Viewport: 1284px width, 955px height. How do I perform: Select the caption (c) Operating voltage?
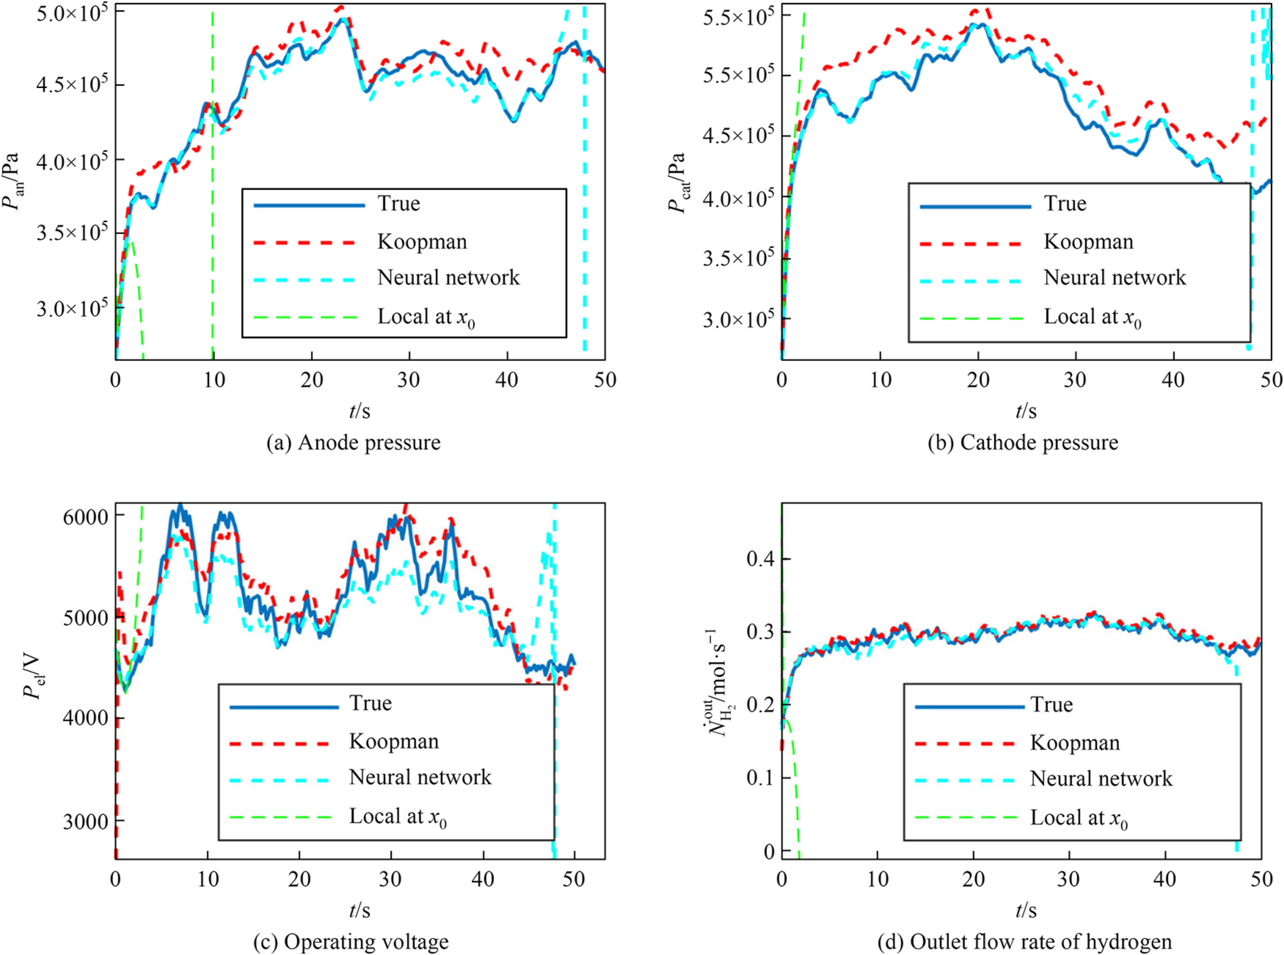pos(351,942)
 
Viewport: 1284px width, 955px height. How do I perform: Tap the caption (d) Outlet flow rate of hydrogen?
pos(1024,942)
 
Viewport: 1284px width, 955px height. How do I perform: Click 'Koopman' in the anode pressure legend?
pos(422,241)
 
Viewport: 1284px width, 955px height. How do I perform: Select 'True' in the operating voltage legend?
pos(370,703)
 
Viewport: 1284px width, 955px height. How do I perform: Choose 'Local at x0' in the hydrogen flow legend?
pos(1078,818)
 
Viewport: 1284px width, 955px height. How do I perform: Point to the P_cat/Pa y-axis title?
pos(677,183)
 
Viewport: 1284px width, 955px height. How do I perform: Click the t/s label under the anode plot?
pos(359,411)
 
